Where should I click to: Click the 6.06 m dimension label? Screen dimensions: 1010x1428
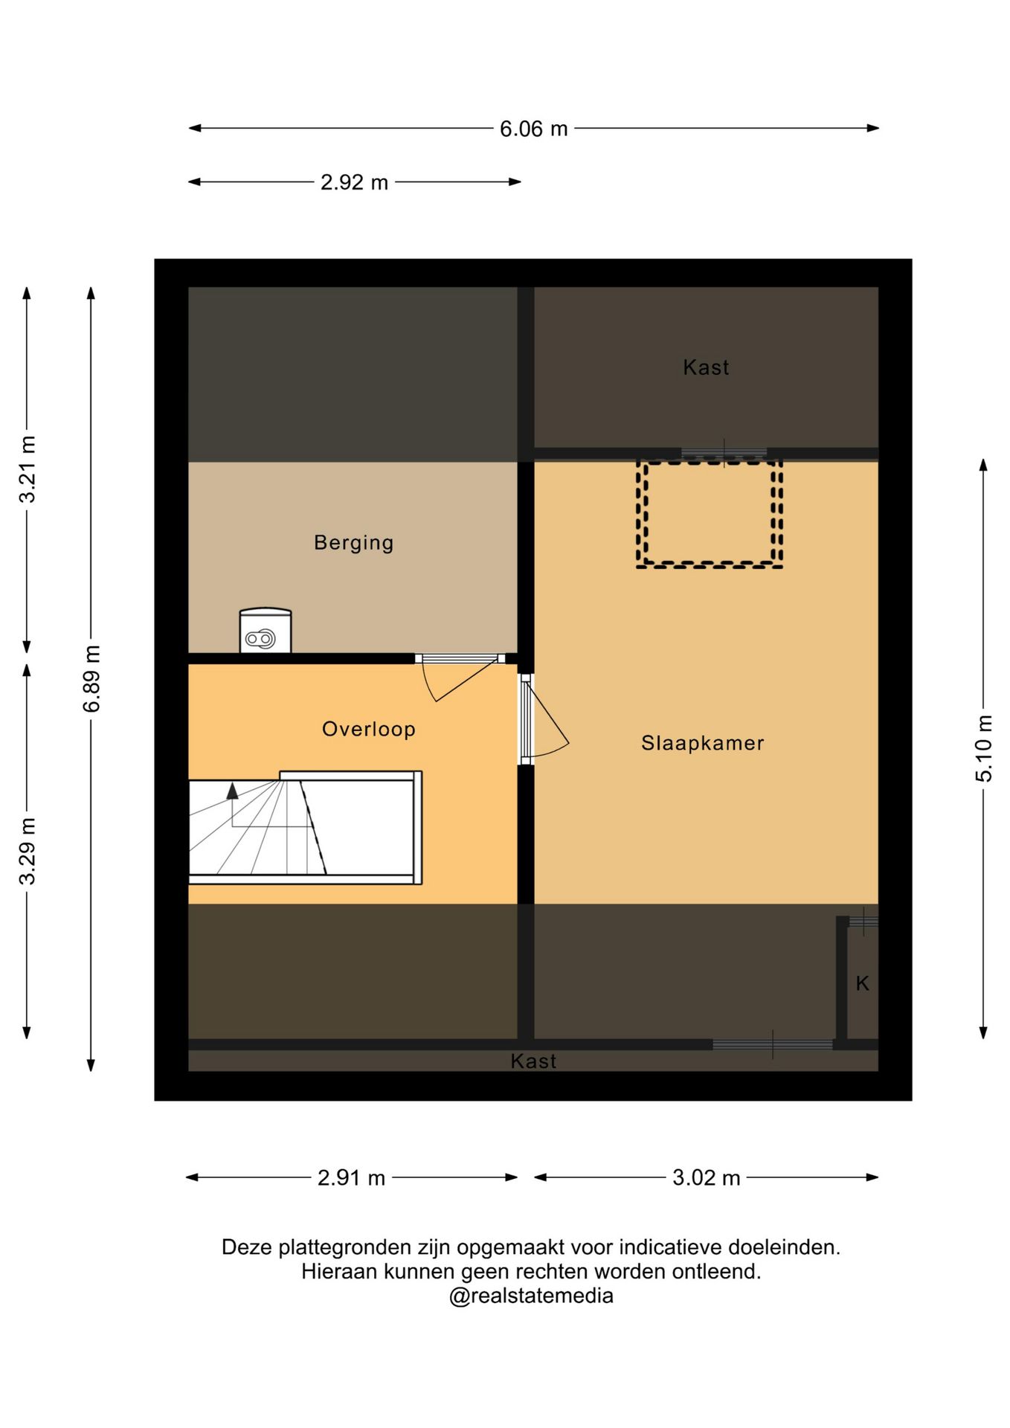click(533, 129)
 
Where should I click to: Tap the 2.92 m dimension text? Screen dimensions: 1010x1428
click(354, 182)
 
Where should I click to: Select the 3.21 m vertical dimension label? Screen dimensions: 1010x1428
click(28, 469)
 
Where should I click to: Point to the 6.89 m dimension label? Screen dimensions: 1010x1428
click(91, 679)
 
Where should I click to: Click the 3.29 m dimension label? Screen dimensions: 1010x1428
click(28, 851)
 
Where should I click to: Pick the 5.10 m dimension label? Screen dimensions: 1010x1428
click(984, 748)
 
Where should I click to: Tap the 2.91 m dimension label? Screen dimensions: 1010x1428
click(351, 1178)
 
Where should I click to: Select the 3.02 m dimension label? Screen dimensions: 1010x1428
click(706, 1178)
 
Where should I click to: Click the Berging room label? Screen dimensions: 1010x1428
click(353, 543)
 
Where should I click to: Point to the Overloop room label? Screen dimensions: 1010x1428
click(368, 729)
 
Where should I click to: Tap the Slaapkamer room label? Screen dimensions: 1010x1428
click(702, 743)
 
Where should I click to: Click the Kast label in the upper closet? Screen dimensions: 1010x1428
click(706, 367)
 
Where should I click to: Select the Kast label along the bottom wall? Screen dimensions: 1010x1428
click(533, 1061)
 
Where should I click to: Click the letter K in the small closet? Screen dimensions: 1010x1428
click(862, 983)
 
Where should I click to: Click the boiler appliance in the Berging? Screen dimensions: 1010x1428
click(266, 631)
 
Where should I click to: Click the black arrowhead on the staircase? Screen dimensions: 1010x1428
click(233, 791)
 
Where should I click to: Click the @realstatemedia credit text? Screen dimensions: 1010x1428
click(531, 1296)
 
